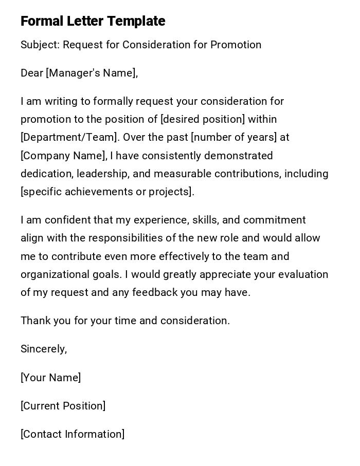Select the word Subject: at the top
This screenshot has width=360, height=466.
40,45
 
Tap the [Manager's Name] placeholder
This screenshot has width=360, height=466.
92,73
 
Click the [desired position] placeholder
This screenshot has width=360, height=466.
203,119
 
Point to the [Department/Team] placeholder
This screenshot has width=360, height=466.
69,137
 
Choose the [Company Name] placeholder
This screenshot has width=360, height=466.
63,156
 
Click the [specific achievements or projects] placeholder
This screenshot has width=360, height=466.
107,192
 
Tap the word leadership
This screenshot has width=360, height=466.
103,174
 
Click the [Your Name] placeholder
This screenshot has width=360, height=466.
50,378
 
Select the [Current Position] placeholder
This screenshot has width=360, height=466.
63,406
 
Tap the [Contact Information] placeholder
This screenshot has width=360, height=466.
73,434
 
